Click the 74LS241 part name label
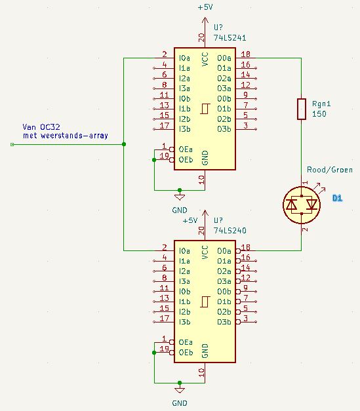[x=230, y=38]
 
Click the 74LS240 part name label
[x=230, y=231]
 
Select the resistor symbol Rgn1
[x=302, y=109]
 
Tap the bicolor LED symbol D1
[x=302, y=205]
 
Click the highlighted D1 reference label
[x=337, y=198]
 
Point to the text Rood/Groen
[x=330, y=170]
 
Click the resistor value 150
[x=319, y=114]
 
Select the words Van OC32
[x=41, y=127]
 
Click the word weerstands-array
[x=74, y=136]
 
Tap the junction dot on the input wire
[x=124, y=144]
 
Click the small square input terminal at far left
[x=12, y=144]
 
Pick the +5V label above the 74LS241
[x=205, y=7]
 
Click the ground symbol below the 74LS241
[x=180, y=197]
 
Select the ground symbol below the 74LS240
[x=180, y=390]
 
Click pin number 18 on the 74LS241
[x=245, y=54]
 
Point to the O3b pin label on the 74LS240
[x=224, y=322]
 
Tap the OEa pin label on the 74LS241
[x=186, y=149]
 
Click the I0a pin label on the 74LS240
[x=184, y=251]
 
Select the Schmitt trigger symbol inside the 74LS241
[x=205, y=109]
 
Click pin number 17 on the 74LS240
[x=165, y=319]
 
